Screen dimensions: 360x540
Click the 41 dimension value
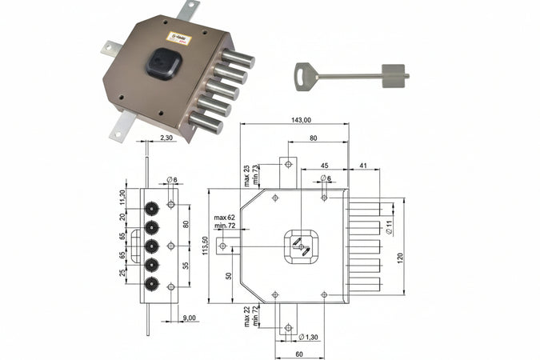tap(362, 165)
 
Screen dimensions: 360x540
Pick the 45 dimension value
tap(325, 165)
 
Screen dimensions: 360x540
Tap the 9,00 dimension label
tap(189, 318)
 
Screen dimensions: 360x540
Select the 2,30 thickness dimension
tap(166, 138)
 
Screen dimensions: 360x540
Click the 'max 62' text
tap(225, 218)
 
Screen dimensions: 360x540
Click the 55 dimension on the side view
tap(186, 264)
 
